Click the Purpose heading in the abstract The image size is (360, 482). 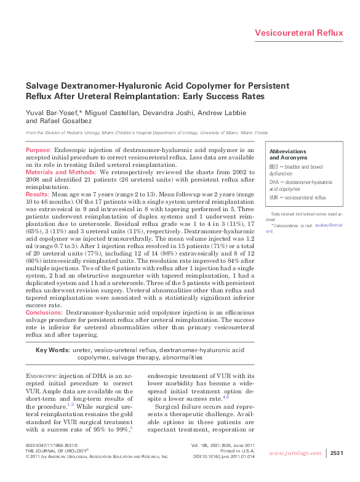tap(38, 150)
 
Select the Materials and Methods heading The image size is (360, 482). tap(60, 172)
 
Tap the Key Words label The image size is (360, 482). tap(52, 350)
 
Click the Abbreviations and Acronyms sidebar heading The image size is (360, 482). tap(288, 155)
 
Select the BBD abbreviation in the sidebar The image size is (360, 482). tap(274, 166)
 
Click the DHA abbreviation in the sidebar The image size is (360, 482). tap(274, 183)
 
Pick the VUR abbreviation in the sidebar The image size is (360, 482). tap(274, 198)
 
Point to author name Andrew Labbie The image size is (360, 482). tap(210, 113)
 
